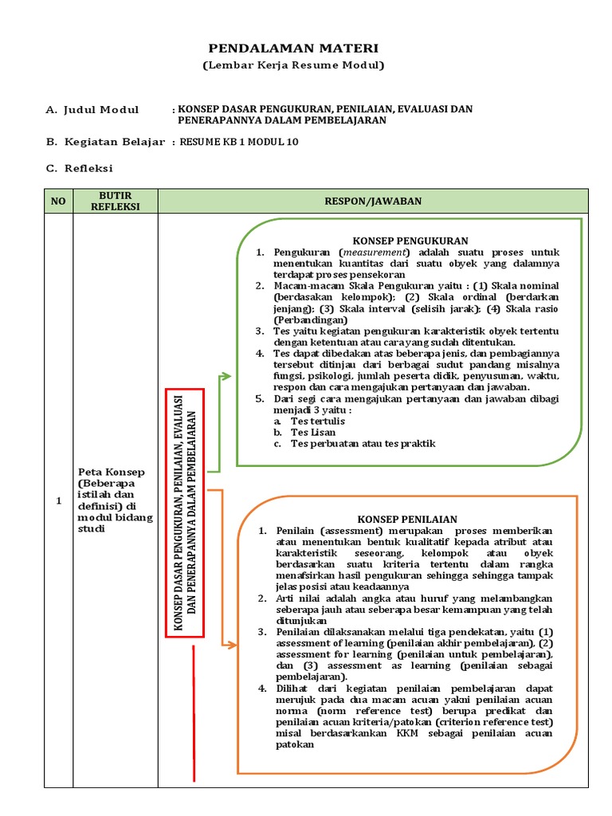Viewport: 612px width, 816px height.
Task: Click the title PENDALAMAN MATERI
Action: click(293, 49)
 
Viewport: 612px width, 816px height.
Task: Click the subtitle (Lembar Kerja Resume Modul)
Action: click(293, 65)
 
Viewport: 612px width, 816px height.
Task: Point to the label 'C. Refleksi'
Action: click(79, 168)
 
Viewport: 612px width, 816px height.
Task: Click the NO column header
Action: click(58, 202)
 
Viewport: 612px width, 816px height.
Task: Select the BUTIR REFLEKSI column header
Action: click(115, 202)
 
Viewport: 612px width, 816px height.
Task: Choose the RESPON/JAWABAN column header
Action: click(373, 202)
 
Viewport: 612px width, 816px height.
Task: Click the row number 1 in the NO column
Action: click(58, 501)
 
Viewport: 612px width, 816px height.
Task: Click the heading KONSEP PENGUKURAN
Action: click(410, 240)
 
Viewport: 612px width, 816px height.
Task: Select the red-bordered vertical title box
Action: click(185, 513)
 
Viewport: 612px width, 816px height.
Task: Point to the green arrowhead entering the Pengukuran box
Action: click(227, 376)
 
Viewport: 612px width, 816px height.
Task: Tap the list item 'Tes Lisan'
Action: click(313, 432)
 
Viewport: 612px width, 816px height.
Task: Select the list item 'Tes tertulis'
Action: click(318, 421)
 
